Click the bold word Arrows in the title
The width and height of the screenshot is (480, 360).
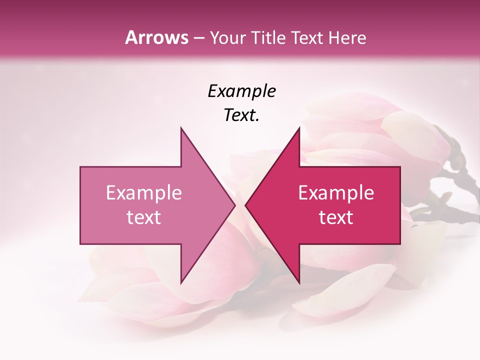(156, 37)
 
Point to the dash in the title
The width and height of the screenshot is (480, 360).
(198, 38)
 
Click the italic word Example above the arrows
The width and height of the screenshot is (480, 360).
(242, 91)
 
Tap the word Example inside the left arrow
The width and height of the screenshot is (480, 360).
(143, 193)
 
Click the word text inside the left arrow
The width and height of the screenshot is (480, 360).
(143, 217)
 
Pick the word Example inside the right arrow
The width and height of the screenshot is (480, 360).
(336, 193)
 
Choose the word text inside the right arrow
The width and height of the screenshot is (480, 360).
(336, 217)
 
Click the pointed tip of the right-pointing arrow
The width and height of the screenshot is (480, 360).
(235, 205)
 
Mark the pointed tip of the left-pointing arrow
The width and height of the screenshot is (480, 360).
(245, 205)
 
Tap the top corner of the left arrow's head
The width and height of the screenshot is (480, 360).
(181, 128)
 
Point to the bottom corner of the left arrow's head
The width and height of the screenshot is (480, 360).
(181, 282)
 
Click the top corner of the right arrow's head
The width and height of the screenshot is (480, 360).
(299, 128)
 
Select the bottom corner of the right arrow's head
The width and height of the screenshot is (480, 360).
(299, 282)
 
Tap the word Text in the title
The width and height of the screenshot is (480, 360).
(306, 38)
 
